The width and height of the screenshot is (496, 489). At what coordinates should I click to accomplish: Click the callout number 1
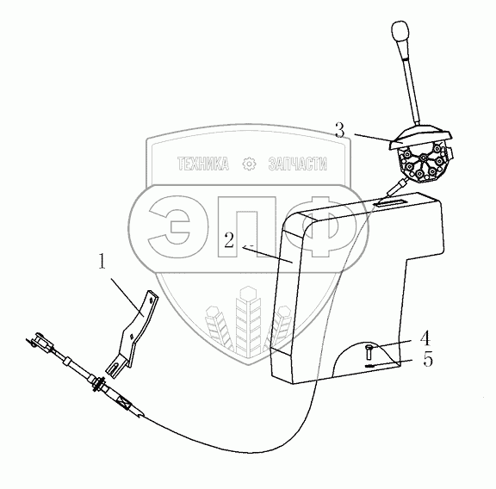(x=102, y=262)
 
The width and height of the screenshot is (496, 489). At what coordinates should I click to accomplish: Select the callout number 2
(x=229, y=240)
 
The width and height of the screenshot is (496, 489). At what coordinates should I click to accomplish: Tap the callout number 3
(x=339, y=130)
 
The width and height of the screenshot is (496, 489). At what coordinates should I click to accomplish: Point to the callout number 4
(x=425, y=337)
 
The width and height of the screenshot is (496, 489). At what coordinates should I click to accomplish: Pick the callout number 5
(x=428, y=359)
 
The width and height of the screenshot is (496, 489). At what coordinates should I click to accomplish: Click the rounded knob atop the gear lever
(x=400, y=31)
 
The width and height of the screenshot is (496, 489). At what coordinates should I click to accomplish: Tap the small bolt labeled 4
(x=369, y=351)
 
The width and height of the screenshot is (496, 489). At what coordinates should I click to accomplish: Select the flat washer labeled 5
(x=370, y=366)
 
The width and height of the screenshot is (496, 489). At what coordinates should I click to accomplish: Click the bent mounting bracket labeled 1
(x=137, y=329)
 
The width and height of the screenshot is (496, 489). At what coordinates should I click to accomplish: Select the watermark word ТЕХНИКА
(x=202, y=164)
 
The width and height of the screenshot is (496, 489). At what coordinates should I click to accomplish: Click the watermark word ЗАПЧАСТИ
(x=297, y=164)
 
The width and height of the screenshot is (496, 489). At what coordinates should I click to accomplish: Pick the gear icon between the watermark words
(x=249, y=164)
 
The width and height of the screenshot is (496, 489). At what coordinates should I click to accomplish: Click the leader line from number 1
(x=127, y=297)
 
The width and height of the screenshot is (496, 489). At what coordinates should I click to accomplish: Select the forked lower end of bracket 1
(x=115, y=366)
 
